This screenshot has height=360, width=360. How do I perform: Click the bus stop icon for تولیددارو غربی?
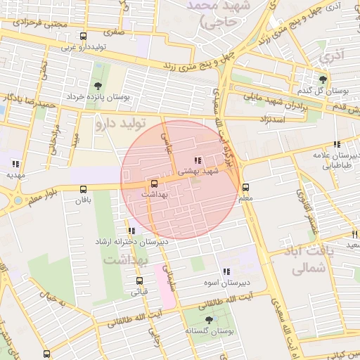coord(84,37)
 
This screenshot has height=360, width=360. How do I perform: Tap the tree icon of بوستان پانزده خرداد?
coord(97,85)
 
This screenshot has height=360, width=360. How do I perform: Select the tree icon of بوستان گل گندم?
coord(322,80)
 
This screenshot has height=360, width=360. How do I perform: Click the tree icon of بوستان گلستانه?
coord(209,319)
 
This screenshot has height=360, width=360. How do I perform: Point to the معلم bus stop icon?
coord(246,188)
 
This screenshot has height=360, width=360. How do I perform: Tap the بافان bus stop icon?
coord(84,189)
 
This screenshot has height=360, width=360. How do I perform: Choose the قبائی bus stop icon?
coord(139,281)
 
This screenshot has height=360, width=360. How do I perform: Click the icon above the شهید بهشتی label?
coord(198,160)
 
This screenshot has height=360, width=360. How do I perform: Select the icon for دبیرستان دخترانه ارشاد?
coord(131,231)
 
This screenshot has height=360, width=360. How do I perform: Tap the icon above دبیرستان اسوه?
coord(226,271)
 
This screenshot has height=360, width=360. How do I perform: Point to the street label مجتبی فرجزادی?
coord(42,23)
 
